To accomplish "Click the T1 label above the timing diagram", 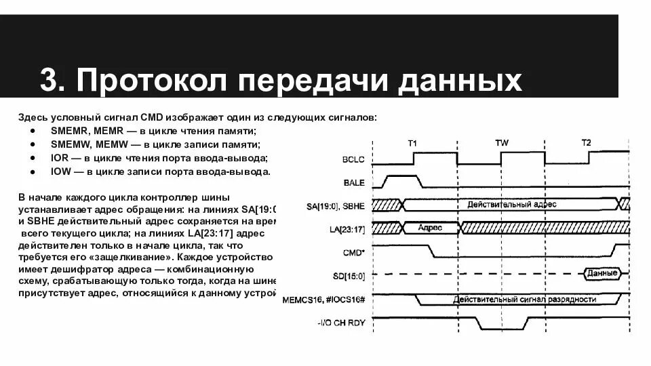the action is [x=412, y=142].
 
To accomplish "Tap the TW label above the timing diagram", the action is [x=501, y=142].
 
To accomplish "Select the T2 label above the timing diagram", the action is [x=586, y=142].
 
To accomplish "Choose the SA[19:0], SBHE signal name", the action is [x=336, y=205].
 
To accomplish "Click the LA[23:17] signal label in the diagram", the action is [x=346, y=228].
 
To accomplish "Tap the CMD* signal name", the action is [x=354, y=251].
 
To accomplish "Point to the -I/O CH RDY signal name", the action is [x=341, y=323].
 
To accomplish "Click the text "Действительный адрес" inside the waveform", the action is [x=507, y=204].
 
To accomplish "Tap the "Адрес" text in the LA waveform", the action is [x=430, y=228].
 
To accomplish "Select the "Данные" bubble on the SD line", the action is [x=602, y=274].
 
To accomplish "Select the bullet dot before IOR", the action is [x=34, y=158].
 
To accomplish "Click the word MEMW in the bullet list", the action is [x=111, y=144].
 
